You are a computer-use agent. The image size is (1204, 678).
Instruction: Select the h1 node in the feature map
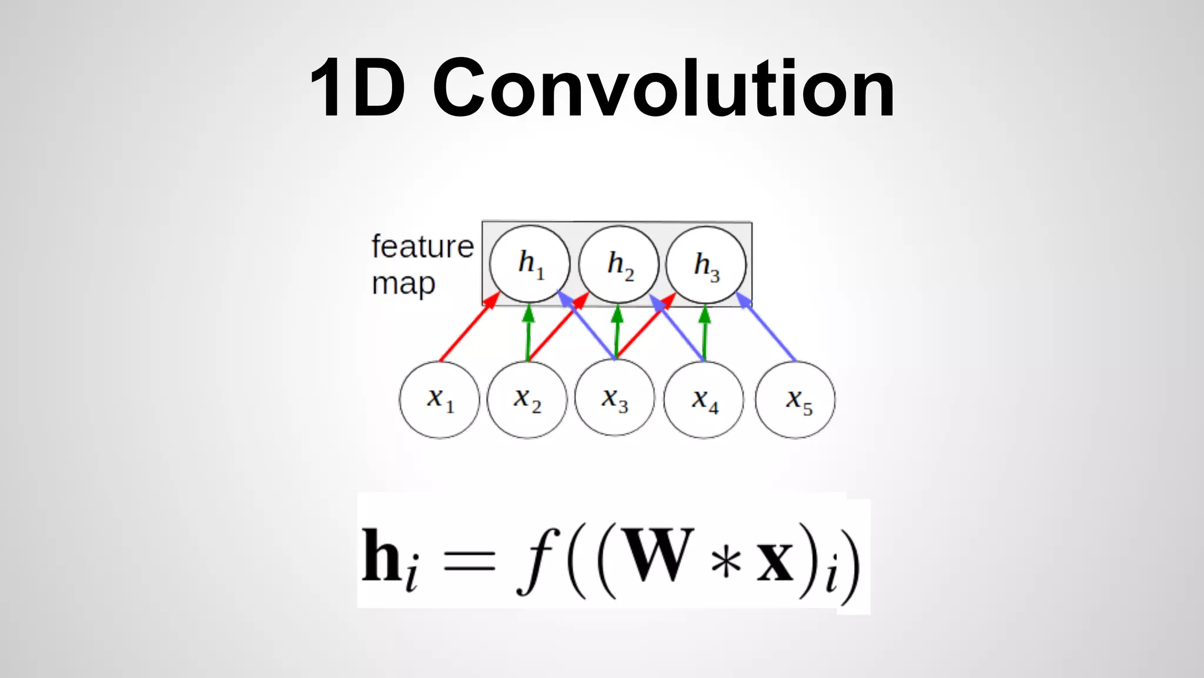530,264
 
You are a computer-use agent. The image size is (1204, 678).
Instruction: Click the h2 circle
618,264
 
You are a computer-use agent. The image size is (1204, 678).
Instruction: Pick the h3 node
706,264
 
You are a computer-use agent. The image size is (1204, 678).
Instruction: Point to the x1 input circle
440,400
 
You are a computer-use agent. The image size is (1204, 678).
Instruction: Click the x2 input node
527,400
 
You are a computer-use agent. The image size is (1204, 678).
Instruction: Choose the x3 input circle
615,398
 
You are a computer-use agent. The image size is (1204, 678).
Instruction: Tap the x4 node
704,400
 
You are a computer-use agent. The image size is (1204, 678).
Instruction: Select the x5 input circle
795,400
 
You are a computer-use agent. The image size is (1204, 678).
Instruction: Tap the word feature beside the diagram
423,246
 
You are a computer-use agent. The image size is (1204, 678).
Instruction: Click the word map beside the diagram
403,284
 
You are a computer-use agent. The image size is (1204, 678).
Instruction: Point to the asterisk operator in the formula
726,562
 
